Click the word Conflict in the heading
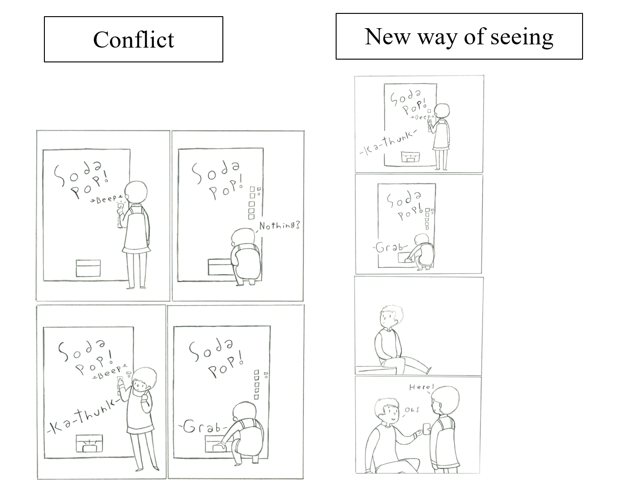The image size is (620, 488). coord(134,40)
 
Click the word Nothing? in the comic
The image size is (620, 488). coord(280,226)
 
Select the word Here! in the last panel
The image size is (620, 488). coord(422,387)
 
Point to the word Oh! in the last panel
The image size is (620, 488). coord(411,410)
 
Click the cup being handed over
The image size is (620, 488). coord(426,428)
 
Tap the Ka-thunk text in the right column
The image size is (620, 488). coord(388,143)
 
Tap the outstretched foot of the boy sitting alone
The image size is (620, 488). coord(429,370)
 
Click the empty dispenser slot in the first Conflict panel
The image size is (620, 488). coord(88,268)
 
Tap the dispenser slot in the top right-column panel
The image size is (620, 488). coord(410,157)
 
